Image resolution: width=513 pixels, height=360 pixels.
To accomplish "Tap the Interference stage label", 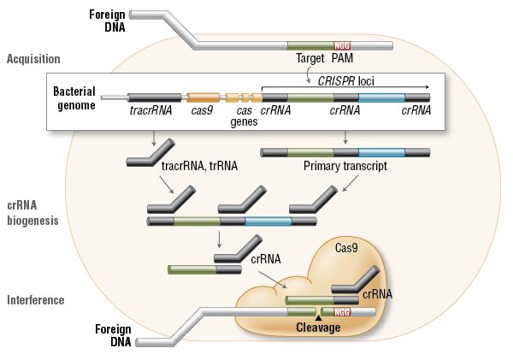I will (35, 300).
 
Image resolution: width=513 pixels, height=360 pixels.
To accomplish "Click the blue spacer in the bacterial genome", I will (381, 98).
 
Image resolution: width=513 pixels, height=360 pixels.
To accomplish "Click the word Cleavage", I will (318, 327).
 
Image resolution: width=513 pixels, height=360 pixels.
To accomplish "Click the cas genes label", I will (244, 117).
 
